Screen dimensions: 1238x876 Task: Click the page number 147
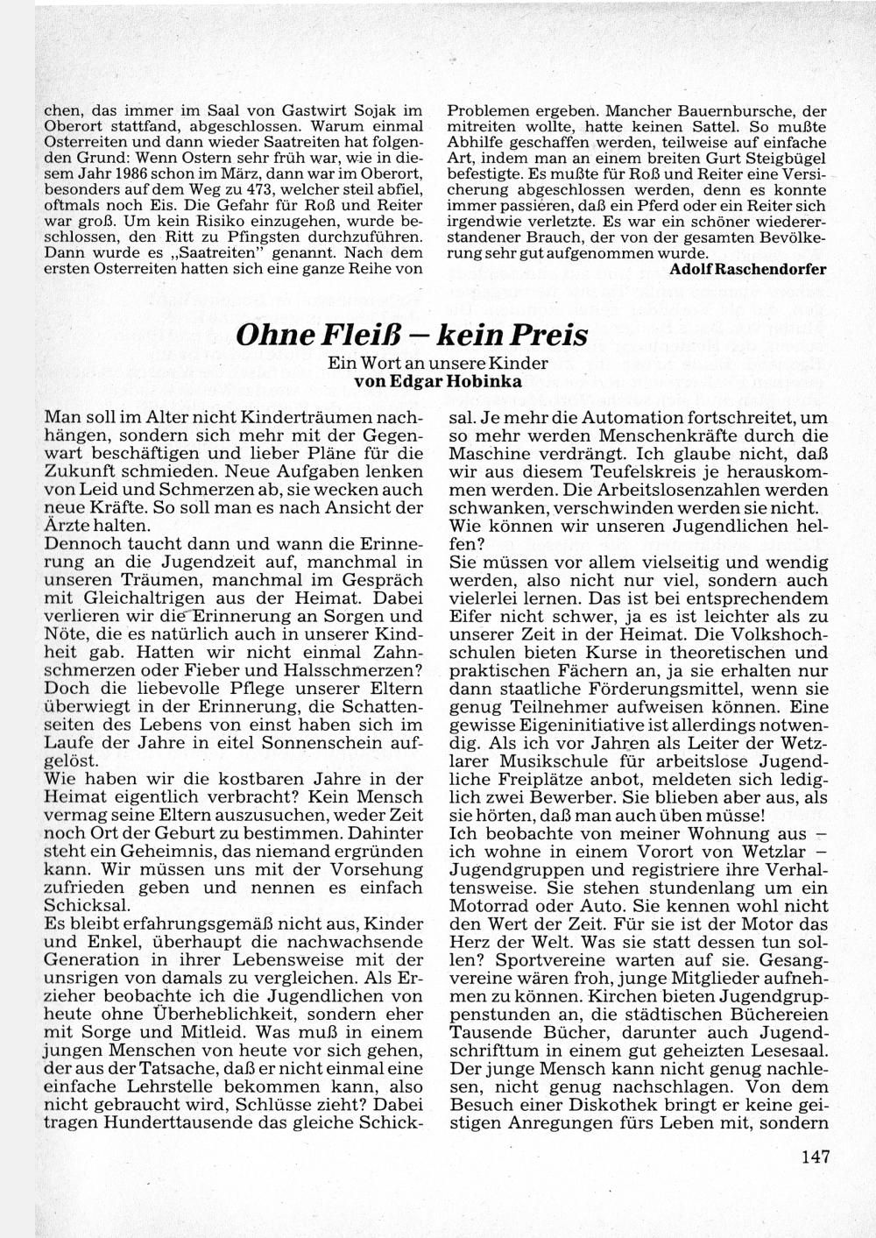tap(815, 1157)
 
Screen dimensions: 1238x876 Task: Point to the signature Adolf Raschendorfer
tap(747, 269)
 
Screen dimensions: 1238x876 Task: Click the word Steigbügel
tap(782, 159)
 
